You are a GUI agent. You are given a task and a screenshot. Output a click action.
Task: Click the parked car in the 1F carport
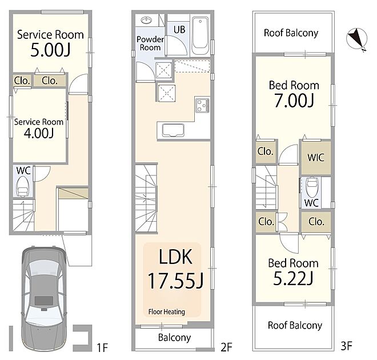[x=44, y=299]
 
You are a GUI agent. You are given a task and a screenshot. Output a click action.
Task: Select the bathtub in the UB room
[x=200, y=36]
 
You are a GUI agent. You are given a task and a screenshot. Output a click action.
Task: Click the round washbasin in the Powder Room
[x=146, y=21]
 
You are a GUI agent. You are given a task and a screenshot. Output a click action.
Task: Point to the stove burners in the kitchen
[x=202, y=105]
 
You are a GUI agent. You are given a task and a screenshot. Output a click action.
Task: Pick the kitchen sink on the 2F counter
[x=173, y=131]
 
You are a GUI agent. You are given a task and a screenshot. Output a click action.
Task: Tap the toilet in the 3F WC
[x=312, y=187]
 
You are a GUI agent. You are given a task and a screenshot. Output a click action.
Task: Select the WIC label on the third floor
[x=316, y=158]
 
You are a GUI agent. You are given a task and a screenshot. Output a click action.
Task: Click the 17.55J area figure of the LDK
[x=175, y=281]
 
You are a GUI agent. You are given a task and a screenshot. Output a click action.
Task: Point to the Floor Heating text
[x=167, y=312]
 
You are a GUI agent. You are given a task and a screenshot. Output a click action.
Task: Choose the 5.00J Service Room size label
[x=50, y=50]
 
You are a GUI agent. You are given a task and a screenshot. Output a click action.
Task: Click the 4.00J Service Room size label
[x=39, y=133]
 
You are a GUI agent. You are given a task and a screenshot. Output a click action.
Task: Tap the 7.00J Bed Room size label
[x=294, y=100]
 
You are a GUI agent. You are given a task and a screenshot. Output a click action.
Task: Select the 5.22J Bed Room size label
[x=294, y=278]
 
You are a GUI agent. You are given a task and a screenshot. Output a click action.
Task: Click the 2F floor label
[x=226, y=347]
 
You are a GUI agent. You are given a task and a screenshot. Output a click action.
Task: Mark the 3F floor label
[x=347, y=346]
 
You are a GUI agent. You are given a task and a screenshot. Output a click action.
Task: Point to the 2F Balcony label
[x=175, y=338]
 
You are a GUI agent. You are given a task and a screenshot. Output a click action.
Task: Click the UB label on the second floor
[x=179, y=30]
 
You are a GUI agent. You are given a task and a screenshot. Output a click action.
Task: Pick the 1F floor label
[x=102, y=348]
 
